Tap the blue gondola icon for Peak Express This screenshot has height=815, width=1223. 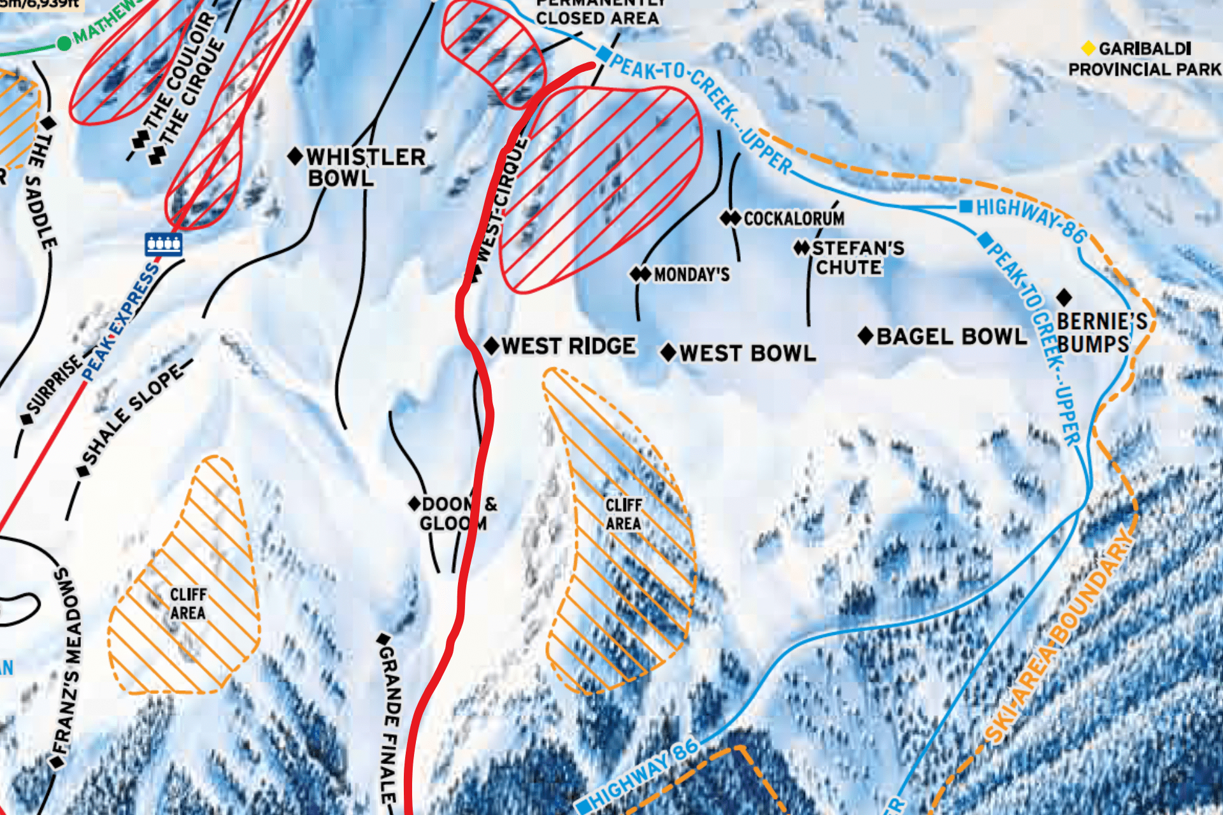coord(164,243)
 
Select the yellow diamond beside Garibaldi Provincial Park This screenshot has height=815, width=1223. coord(1089,48)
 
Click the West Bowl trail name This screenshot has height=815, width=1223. coord(747,353)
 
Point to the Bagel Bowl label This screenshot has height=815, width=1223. coord(952,337)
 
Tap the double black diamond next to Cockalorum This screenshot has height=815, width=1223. coord(731,218)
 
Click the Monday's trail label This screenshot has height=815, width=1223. coord(691,275)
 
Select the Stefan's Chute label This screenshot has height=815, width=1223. coord(857,257)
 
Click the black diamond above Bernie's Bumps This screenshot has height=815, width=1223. coord(1064,297)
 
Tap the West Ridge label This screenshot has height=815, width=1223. coord(568,346)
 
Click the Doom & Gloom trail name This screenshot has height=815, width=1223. coord(454,514)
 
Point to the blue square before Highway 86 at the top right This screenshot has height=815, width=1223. coord(966,206)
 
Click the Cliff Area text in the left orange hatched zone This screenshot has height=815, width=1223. coord(188,604)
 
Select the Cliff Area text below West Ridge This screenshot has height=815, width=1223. coord(624,514)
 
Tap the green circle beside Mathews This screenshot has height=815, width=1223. coord(64,43)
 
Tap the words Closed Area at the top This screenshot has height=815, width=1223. coord(597,18)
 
